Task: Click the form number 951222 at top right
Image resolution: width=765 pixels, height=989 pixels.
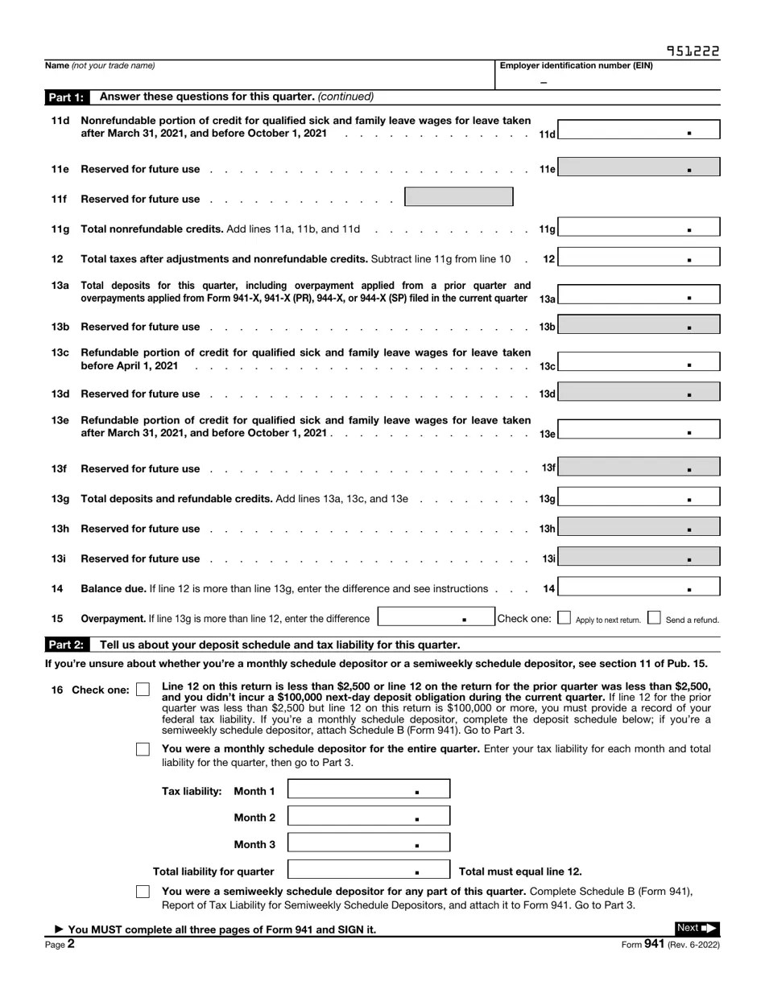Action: (693, 52)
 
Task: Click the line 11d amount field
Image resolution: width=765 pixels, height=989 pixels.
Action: (639, 129)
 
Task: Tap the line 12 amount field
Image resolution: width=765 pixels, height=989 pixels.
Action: (639, 258)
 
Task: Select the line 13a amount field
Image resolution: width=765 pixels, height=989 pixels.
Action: (639, 295)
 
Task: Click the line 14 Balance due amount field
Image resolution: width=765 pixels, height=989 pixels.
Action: (639, 587)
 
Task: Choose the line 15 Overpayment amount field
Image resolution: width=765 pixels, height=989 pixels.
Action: (435, 617)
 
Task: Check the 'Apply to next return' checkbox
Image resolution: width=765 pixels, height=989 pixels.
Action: (564, 618)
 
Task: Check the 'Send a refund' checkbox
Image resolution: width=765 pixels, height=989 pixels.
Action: (654, 618)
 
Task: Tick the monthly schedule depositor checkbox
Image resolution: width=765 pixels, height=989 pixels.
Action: (143, 749)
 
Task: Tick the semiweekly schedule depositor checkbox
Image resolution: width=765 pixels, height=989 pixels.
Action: (143, 892)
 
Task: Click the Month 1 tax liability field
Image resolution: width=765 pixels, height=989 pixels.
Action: (368, 790)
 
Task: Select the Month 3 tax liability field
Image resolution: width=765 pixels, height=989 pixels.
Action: (368, 843)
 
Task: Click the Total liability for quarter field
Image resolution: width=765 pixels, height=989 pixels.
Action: (368, 870)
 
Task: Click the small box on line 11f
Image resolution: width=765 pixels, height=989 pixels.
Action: (458, 197)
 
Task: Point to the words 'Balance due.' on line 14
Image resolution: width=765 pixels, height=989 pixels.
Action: (114, 589)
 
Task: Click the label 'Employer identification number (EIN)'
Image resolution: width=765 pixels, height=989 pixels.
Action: (576, 66)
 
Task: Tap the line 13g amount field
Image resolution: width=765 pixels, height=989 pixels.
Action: (639, 497)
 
